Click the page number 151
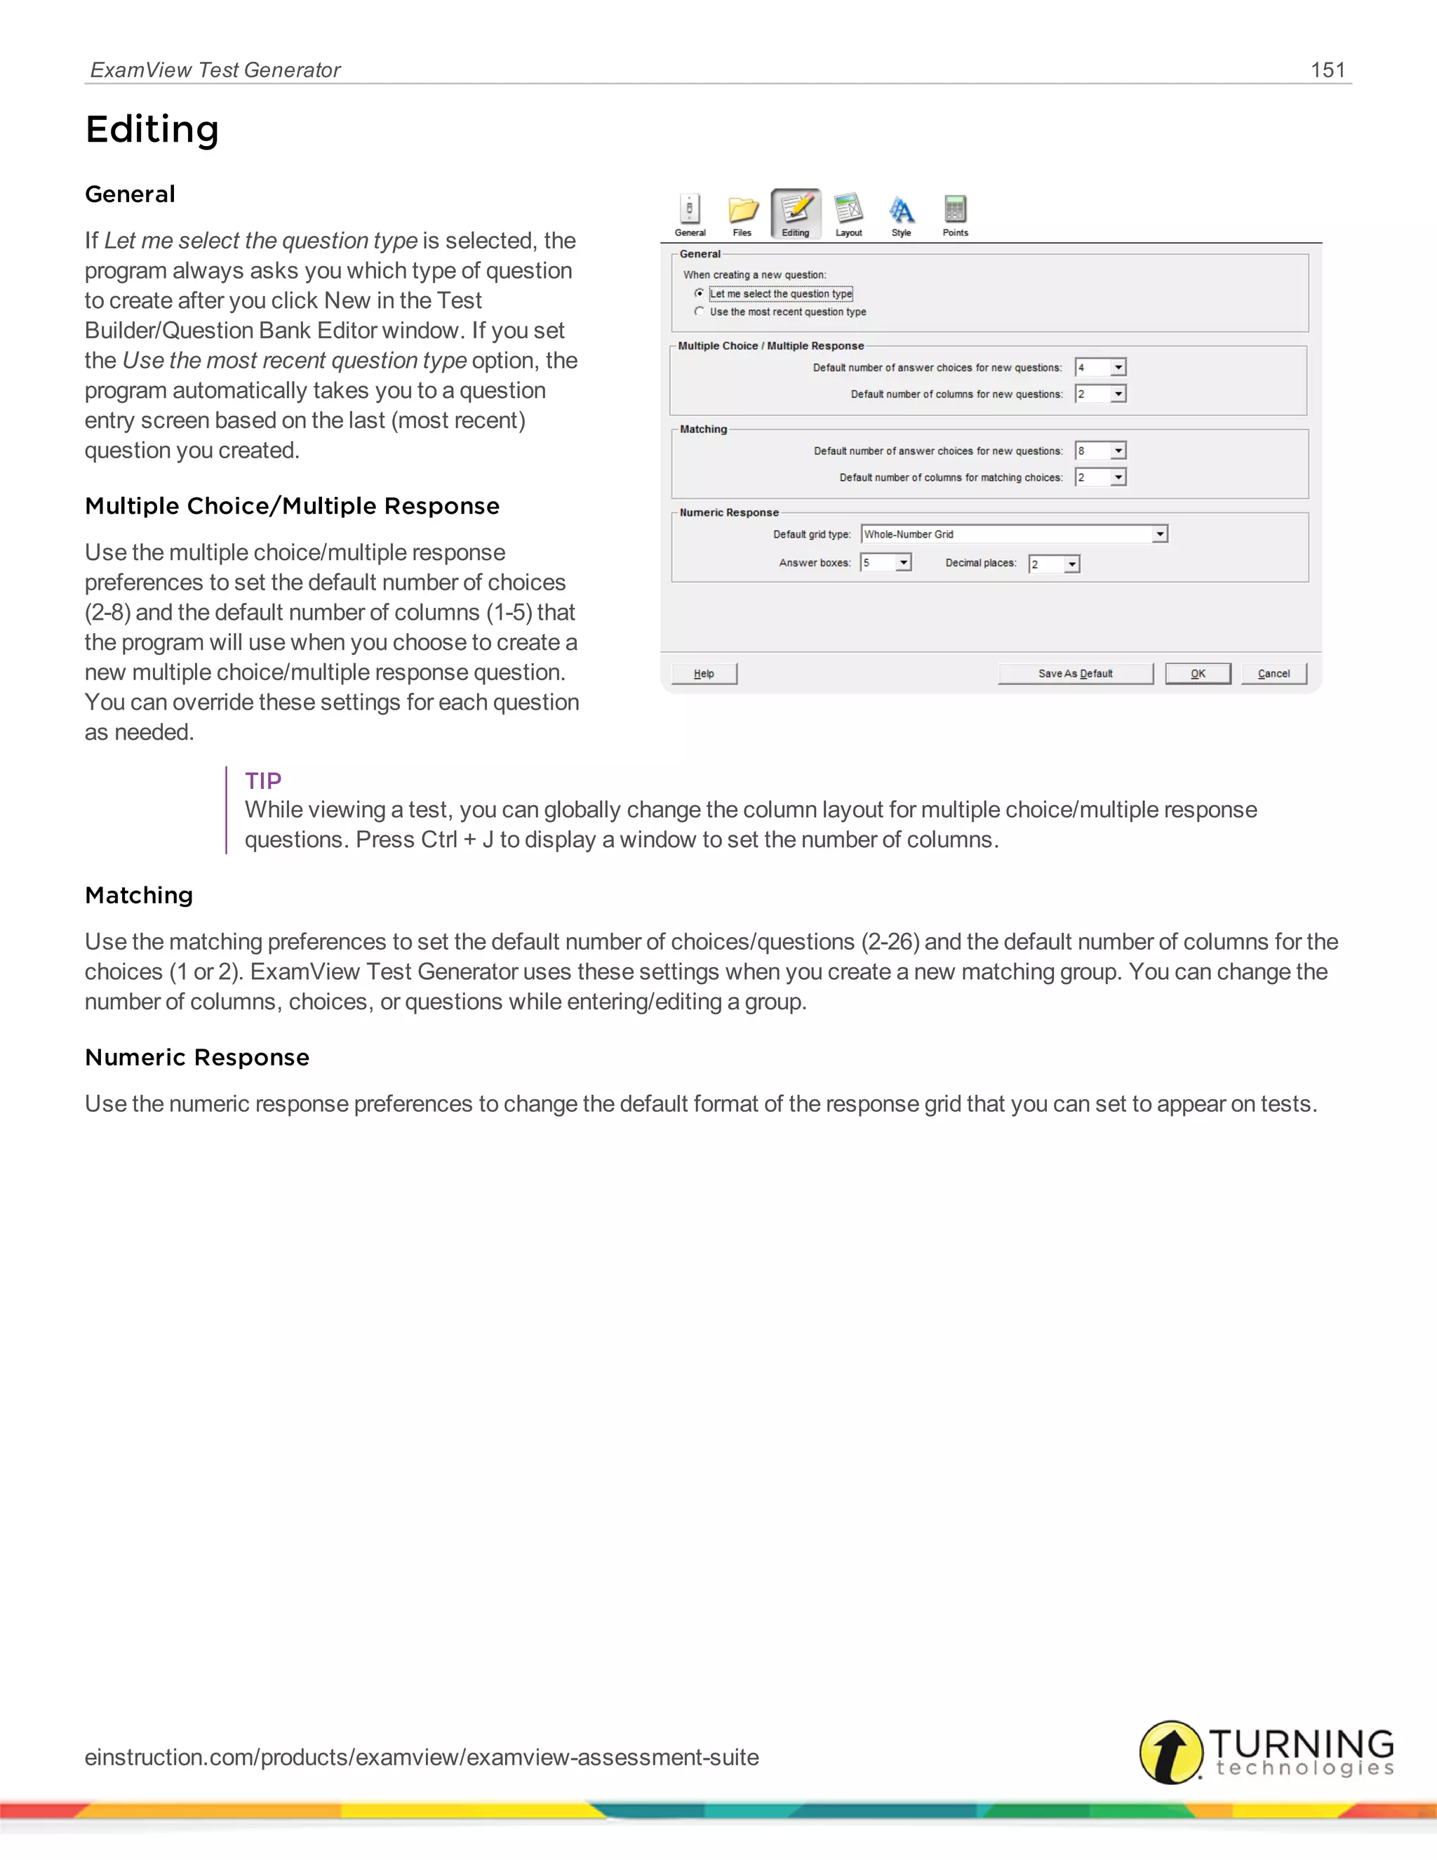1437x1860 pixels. coord(1327,69)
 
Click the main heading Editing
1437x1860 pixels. coord(152,129)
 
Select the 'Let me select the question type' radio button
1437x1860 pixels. coord(699,293)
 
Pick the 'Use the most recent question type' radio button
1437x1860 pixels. coord(699,312)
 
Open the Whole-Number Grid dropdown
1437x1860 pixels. coord(1014,534)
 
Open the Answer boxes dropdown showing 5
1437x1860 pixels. coord(885,563)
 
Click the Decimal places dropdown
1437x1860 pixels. coord(1054,564)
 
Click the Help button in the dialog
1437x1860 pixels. coord(704,674)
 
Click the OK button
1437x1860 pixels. coord(1198,674)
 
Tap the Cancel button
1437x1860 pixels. coord(1274,674)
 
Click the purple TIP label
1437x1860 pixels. coord(263,781)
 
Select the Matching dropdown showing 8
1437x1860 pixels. coord(1100,451)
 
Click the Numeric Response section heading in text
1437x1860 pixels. coord(197,1057)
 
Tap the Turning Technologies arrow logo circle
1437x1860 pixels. coord(1171,1753)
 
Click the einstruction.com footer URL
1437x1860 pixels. coord(422,1757)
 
